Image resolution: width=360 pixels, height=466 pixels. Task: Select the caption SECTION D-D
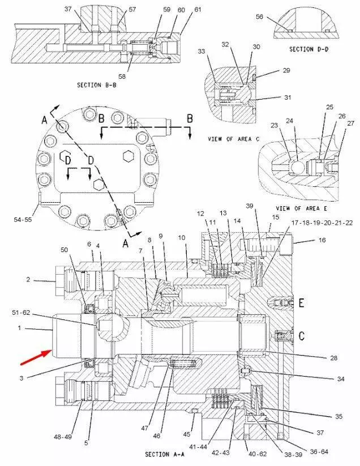click(x=308, y=49)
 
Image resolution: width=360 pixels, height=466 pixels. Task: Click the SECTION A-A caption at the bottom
click(x=165, y=454)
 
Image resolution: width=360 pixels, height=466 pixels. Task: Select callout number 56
click(x=259, y=17)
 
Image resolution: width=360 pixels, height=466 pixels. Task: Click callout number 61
click(x=181, y=10)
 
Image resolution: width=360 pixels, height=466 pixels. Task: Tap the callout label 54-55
click(x=23, y=219)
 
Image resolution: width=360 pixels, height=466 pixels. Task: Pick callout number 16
click(x=322, y=240)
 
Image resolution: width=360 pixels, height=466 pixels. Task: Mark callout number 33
click(x=201, y=52)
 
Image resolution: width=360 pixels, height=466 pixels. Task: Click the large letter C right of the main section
click(x=302, y=336)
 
